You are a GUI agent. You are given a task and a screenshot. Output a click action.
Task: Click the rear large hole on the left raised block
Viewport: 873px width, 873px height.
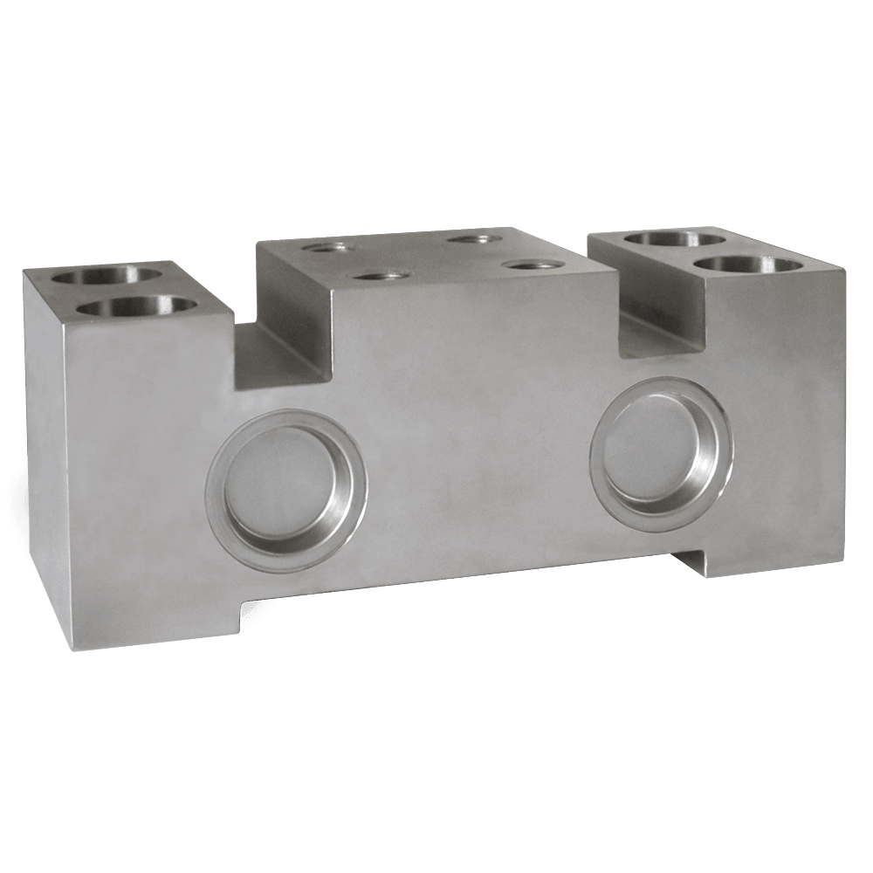pyautogui.click(x=107, y=276)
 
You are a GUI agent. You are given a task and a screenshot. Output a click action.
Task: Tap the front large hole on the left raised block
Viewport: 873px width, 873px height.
pyautogui.click(x=140, y=307)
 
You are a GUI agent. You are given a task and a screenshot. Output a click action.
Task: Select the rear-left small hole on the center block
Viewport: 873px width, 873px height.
pyautogui.click(x=327, y=248)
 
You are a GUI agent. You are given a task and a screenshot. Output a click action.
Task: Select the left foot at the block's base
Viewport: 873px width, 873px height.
pyautogui.click(x=153, y=615)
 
